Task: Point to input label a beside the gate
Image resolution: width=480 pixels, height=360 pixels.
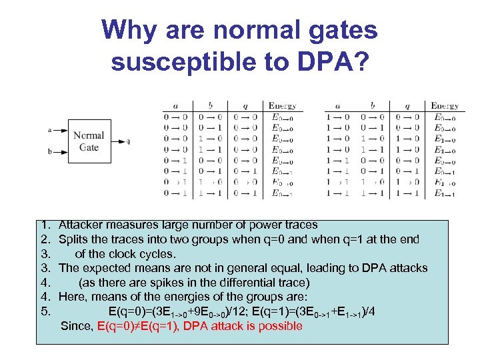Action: [51, 129]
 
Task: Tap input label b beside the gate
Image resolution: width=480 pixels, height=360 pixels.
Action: [51, 152]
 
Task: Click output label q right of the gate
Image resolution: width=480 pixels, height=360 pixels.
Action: [129, 141]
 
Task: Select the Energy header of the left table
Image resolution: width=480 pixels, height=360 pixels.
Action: [283, 105]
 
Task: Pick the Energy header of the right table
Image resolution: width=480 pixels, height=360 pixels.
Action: [444, 105]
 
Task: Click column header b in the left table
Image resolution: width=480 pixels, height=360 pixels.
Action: [210, 105]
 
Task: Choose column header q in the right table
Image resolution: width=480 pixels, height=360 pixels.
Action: [407, 105]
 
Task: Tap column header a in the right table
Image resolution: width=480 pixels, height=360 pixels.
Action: [338, 105]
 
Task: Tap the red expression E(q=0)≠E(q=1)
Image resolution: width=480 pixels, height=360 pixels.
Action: [138, 326]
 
